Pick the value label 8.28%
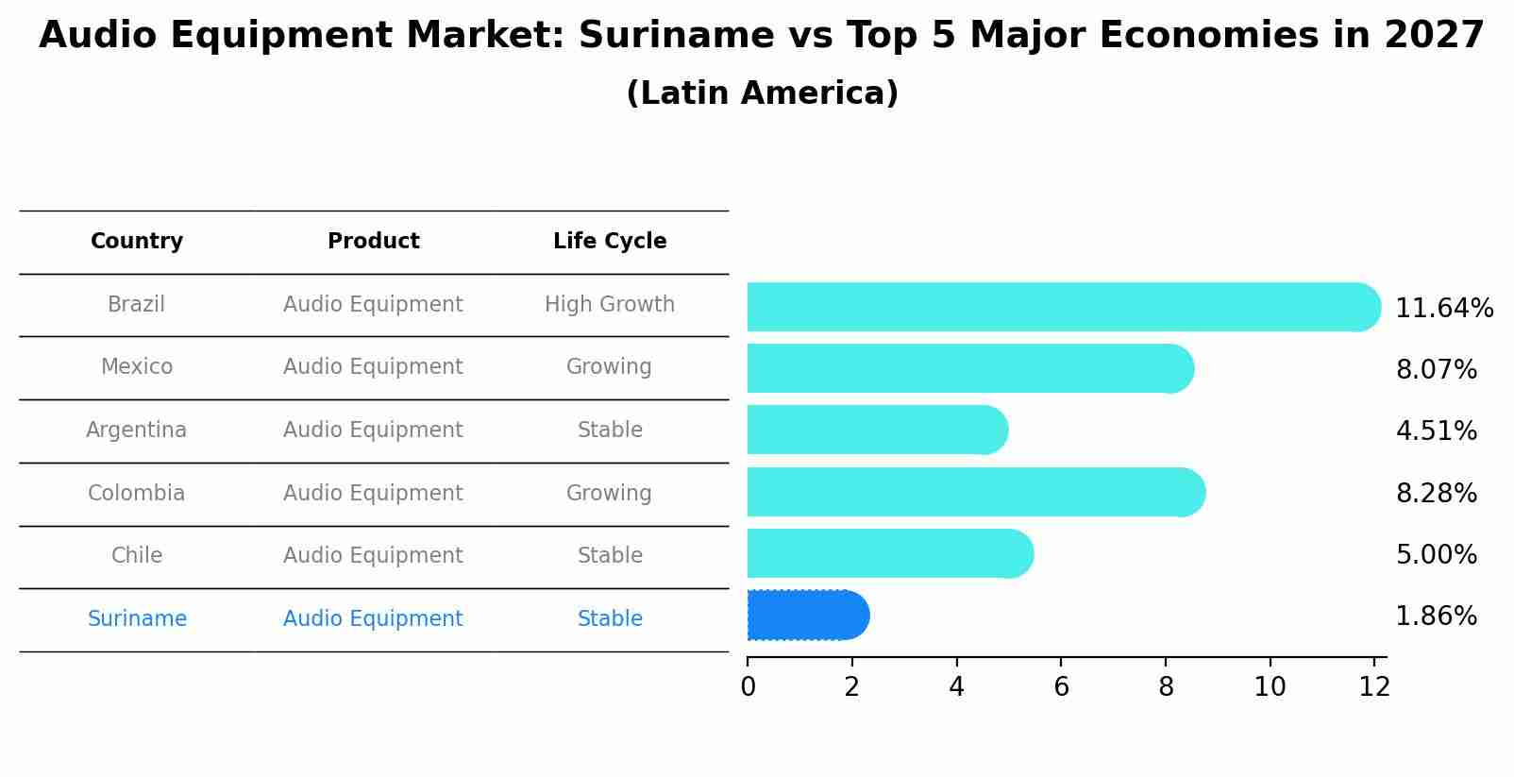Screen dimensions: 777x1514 click(1436, 493)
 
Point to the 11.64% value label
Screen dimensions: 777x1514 click(1443, 309)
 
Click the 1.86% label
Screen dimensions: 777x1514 click(1436, 617)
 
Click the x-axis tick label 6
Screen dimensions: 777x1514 click(1061, 687)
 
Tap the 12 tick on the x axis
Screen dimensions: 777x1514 click(1374, 687)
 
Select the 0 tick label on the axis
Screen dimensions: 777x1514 click(748, 687)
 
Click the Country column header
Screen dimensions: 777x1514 click(137, 242)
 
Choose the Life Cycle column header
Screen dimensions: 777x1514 click(610, 242)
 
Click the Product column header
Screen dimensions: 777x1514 click(373, 242)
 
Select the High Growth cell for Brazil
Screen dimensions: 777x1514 click(610, 305)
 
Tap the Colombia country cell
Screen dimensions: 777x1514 click(137, 494)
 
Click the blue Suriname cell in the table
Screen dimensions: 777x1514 click(137, 619)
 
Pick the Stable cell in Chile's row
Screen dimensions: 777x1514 click(610, 556)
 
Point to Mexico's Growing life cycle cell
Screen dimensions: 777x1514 click(610, 367)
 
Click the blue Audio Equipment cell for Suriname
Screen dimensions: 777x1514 click(373, 619)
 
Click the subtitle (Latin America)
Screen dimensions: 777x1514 click(762, 93)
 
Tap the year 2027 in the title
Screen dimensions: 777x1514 click(1434, 36)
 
